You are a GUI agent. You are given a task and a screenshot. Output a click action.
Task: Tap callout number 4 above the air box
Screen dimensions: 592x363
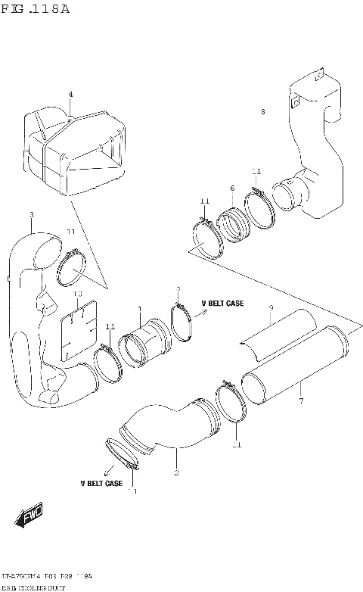pos(70,95)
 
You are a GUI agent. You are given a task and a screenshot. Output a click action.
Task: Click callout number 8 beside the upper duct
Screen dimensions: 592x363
pos(262,112)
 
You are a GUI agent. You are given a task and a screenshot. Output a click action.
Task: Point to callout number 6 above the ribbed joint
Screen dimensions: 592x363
pos(232,188)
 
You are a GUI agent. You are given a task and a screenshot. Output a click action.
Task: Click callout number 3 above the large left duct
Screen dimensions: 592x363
pos(31,215)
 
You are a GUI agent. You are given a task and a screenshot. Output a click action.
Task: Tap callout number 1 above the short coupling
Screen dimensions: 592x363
pos(139,310)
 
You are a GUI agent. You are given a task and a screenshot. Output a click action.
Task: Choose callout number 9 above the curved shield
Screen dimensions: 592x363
pos(271,307)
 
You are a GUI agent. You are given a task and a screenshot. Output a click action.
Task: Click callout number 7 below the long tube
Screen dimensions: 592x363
pos(300,400)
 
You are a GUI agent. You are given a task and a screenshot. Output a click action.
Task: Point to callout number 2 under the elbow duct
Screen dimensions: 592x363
pos(176,473)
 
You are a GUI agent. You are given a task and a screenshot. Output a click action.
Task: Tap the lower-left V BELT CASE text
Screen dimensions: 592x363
pos(101,482)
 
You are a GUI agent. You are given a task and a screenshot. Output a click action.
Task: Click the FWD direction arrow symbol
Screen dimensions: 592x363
pos(29,520)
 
